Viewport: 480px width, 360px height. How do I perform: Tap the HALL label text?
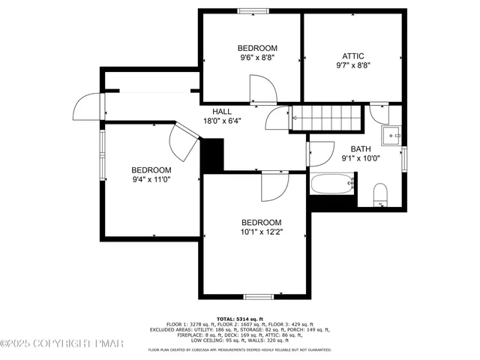221,111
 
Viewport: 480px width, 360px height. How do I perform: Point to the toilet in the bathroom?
379,194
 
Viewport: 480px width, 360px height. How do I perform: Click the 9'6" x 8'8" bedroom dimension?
258,57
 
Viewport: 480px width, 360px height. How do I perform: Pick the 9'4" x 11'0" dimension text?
151,180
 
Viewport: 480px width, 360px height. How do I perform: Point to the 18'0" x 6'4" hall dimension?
221,121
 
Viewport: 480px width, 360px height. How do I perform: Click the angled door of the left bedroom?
183,139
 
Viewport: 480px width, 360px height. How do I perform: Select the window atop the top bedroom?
253,10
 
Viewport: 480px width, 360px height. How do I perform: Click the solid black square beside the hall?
213,156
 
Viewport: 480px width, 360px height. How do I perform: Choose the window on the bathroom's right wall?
403,158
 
